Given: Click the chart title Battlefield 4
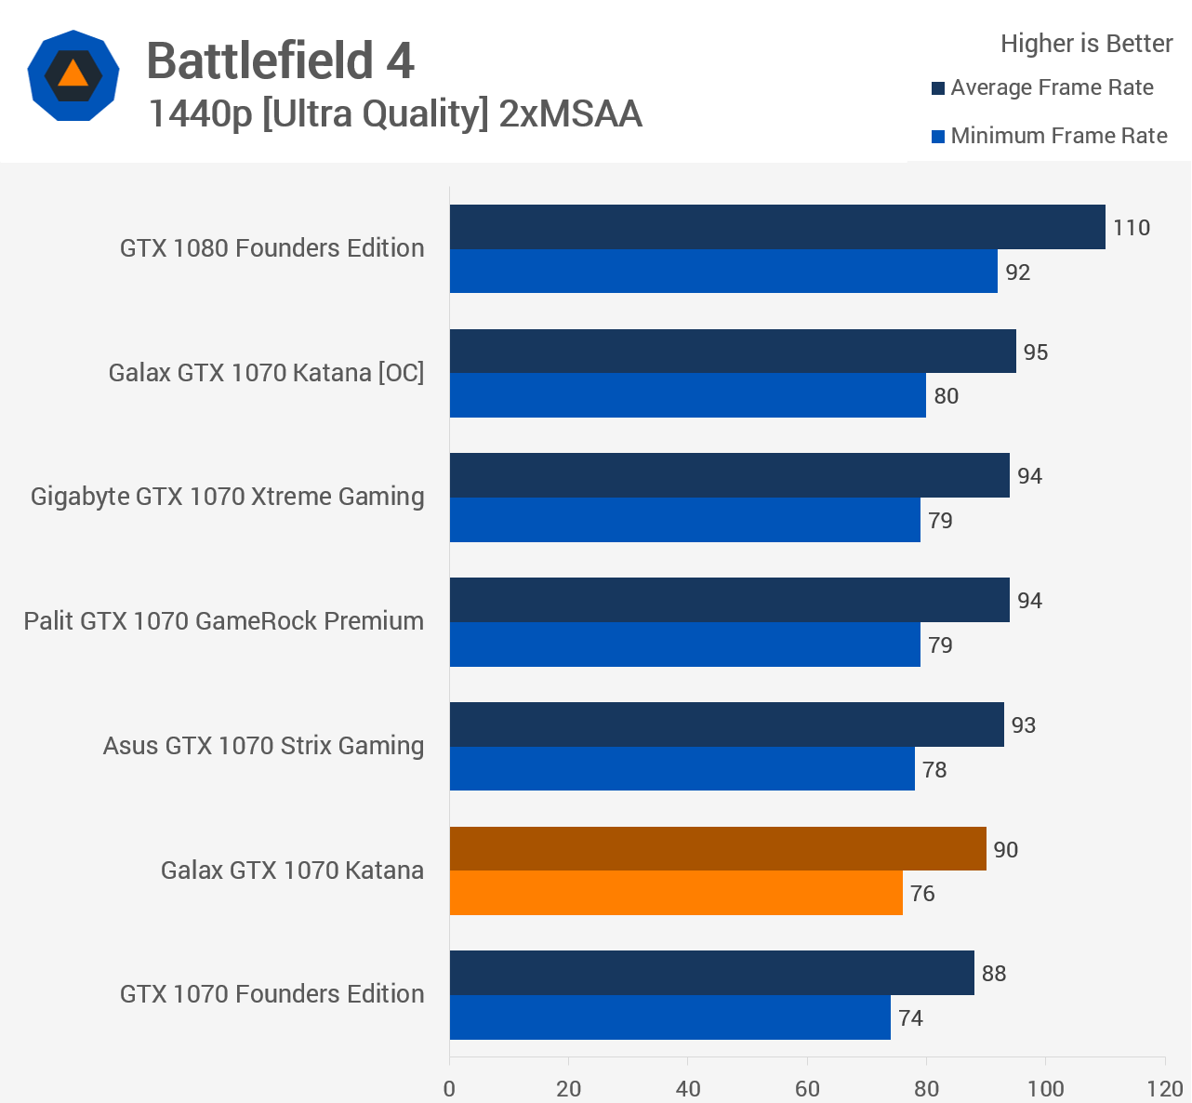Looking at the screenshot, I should click(280, 61).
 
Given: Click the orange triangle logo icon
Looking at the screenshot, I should click(73, 74).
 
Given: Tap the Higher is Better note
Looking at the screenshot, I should click(1086, 44).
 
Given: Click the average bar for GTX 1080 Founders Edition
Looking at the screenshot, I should click(777, 227).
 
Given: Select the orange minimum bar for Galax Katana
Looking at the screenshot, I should click(676, 893).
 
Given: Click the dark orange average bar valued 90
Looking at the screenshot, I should click(718, 849).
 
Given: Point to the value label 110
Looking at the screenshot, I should click(1131, 228).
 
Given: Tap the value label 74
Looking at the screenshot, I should click(910, 1018).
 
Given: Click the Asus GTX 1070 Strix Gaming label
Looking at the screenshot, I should click(263, 746).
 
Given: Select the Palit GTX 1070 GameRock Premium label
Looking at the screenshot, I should click(223, 621).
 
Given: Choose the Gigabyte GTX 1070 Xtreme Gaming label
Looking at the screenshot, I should click(227, 497).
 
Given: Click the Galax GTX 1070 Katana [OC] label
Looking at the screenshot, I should click(266, 373).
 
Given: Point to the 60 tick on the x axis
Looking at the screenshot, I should click(807, 1088).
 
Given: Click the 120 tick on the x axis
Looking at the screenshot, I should click(1165, 1088).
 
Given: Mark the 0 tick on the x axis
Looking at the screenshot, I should click(450, 1088).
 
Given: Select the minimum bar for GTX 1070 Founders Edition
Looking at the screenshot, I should click(669, 1017).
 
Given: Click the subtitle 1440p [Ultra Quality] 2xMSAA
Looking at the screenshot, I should click(394, 114).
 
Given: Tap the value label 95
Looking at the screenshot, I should click(1035, 352).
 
